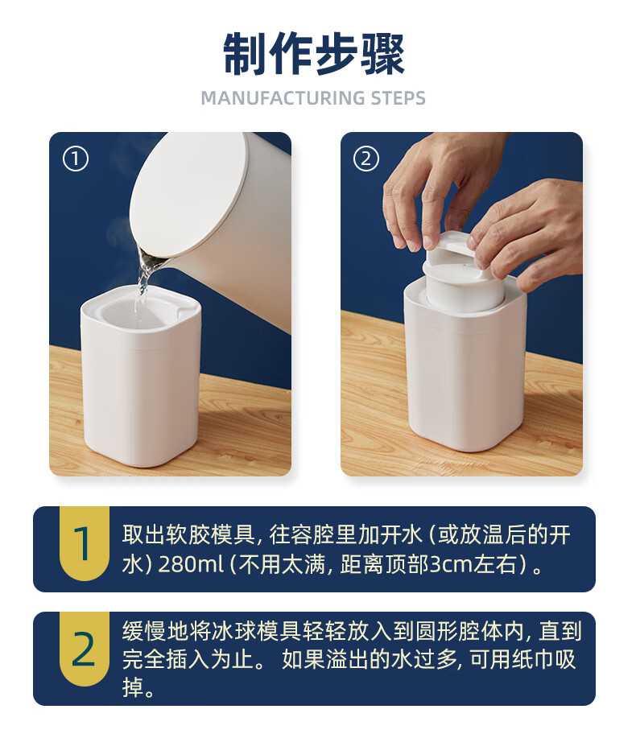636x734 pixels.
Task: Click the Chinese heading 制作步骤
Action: click(x=314, y=54)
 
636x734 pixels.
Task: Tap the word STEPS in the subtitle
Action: click(x=398, y=98)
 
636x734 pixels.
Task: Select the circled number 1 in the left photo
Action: click(x=76, y=159)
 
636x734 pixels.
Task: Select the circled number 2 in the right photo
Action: click(x=365, y=159)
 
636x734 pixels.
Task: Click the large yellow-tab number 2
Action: click(x=84, y=649)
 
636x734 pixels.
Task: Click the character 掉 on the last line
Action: click(x=133, y=687)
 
